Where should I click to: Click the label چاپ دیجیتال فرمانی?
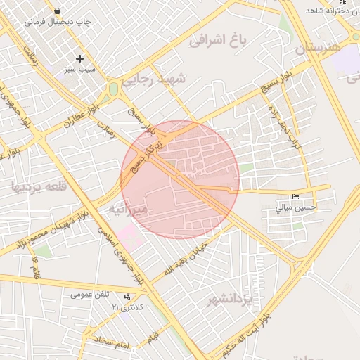point(58,22)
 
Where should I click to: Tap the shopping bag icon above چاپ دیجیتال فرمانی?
point(56,11)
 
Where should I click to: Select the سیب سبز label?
point(79,70)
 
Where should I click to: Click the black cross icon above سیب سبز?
point(79,58)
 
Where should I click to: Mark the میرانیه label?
point(129,210)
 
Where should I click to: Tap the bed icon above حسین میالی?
point(295,196)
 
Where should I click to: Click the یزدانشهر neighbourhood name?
point(229,302)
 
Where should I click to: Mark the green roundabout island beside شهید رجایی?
point(112,89)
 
